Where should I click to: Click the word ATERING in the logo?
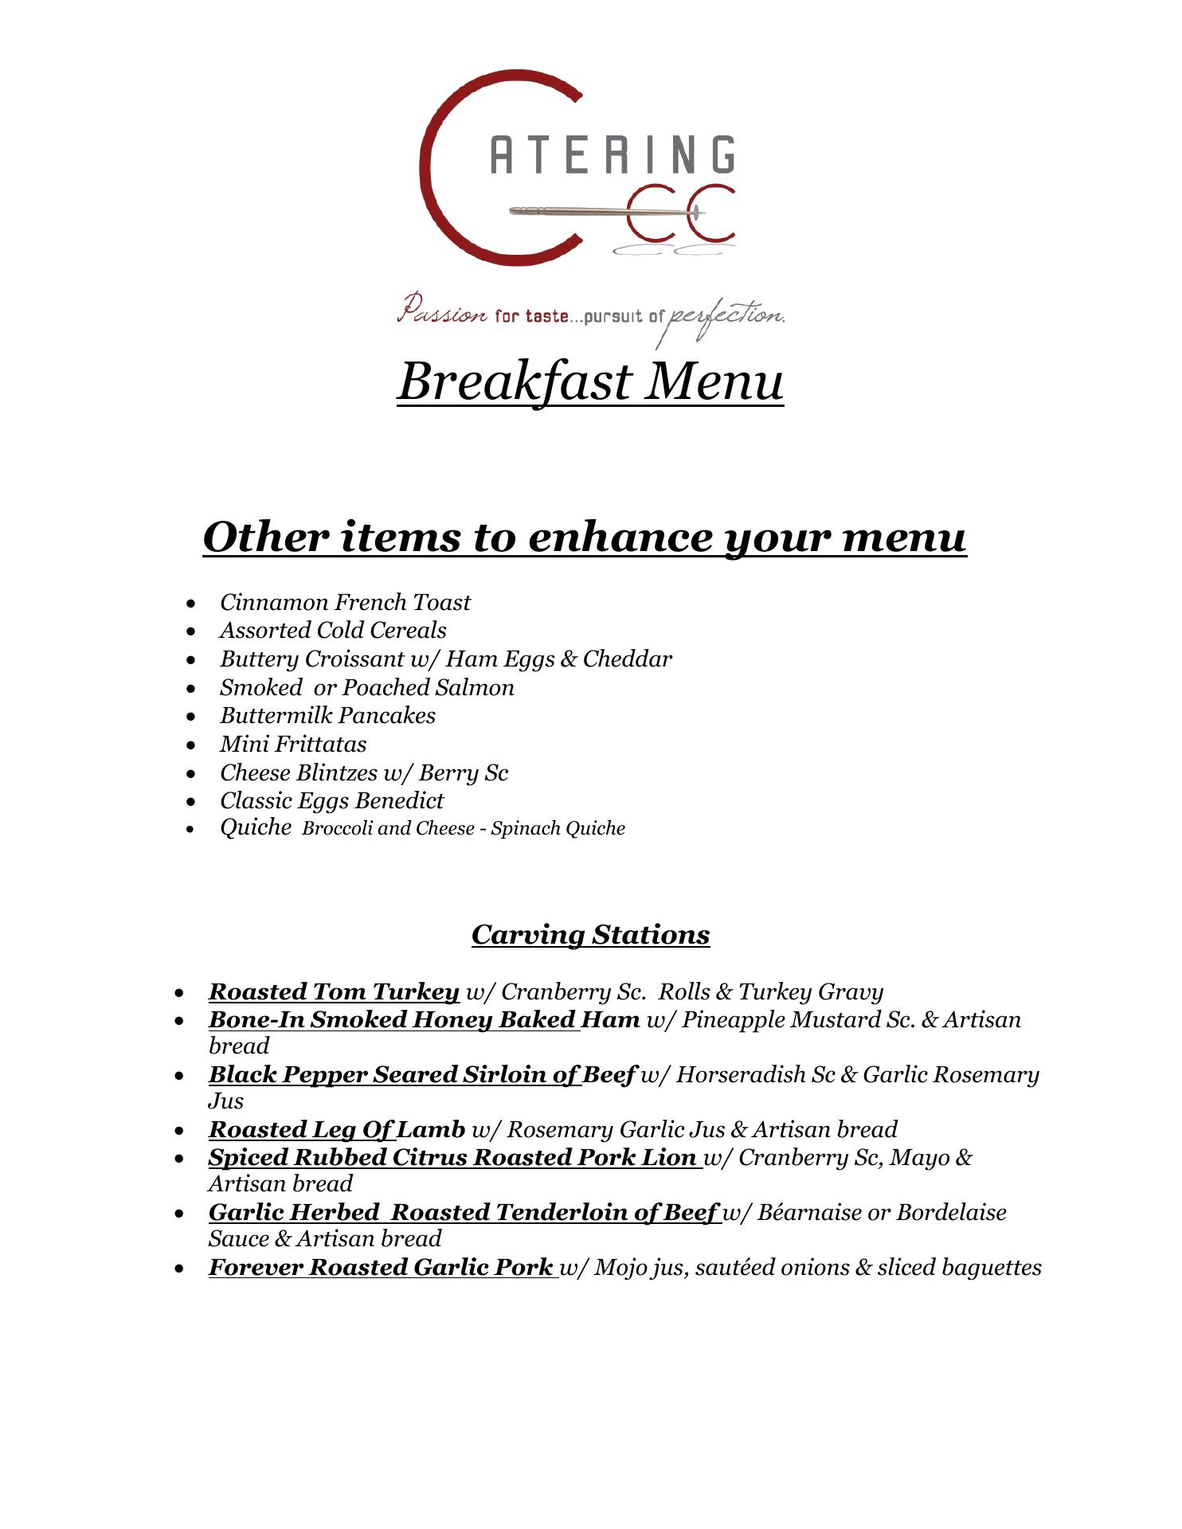coord(612,154)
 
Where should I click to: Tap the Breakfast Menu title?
coord(590,381)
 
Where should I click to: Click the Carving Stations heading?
coord(590,934)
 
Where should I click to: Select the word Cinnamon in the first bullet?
coord(274,602)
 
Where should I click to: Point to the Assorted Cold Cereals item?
coord(333,630)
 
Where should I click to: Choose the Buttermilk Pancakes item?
coord(328,715)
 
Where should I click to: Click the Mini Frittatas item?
coord(293,744)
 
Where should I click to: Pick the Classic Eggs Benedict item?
coord(332,800)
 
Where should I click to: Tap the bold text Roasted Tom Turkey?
coord(334,991)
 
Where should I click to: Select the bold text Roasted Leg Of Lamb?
coord(336,1129)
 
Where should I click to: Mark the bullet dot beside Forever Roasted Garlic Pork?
coord(180,1268)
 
